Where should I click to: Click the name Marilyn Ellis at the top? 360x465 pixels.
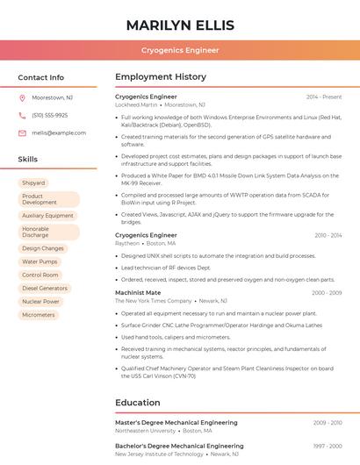pyautogui.click(x=180, y=24)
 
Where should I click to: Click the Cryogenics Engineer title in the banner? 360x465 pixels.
pyautogui.click(x=180, y=50)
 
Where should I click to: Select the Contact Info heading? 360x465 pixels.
pyautogui.click(x=41, y=77)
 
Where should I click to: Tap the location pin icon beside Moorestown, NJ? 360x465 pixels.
pyautogui.click(x=22, y=97)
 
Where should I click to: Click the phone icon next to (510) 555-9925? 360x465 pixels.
pyautogui.click(x=22, y=115)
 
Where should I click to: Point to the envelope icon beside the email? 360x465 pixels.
pyautogui.click(x=22, y=132)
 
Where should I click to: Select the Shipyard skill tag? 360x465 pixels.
pyautogui.click(x=33, y=182)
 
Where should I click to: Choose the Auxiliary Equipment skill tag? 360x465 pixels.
pyautogui.click(x=47, y=215)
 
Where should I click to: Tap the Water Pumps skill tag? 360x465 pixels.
pyautogui.click(x=40, y=261)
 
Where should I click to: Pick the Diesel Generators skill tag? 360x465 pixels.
pyautogui.click(x=44, y=288)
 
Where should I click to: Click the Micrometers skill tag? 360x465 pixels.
pyautogui.click(x=39, y=314)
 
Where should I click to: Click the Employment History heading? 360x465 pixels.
pyautogui.click(x=161, y=77)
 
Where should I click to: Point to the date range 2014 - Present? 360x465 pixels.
pyautogui.click(x=324, y=97)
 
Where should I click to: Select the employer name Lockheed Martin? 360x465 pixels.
pyautogui.click(x=136, y=104)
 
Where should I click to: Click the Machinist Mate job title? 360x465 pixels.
pyautogui.click(x=138, y=292)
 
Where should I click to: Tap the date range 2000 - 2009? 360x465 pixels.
pyautogui.click(x=326, y=292)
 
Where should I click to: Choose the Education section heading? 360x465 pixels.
pyautogui.click(x=138, y=403)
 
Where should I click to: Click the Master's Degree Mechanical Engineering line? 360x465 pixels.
pyautogui.click(x=176, y=423)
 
